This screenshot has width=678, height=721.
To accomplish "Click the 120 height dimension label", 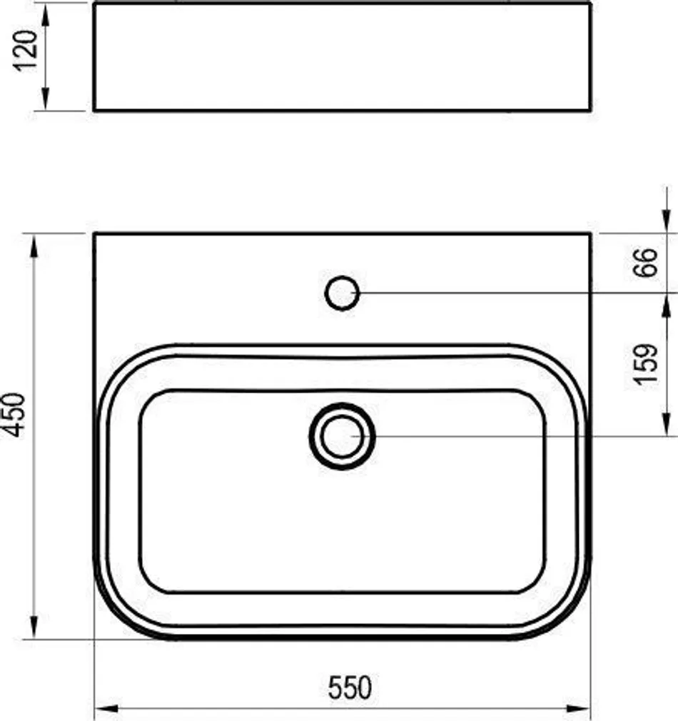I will [26, 51].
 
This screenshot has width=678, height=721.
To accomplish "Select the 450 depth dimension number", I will [15, 416].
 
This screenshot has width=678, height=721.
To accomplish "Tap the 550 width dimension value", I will [350, 687].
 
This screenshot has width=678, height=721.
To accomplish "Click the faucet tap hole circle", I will [342, 293].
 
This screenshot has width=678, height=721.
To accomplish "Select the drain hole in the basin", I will [342, 436].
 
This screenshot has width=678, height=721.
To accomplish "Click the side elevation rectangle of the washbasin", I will [342, 57].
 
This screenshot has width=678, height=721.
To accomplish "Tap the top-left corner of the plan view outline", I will [95, 234].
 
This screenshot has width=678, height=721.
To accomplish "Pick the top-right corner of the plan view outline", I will [590, 234].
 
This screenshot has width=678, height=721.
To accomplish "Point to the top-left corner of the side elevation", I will [95, 4].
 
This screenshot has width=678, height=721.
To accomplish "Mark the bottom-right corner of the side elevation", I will [590, 110].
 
